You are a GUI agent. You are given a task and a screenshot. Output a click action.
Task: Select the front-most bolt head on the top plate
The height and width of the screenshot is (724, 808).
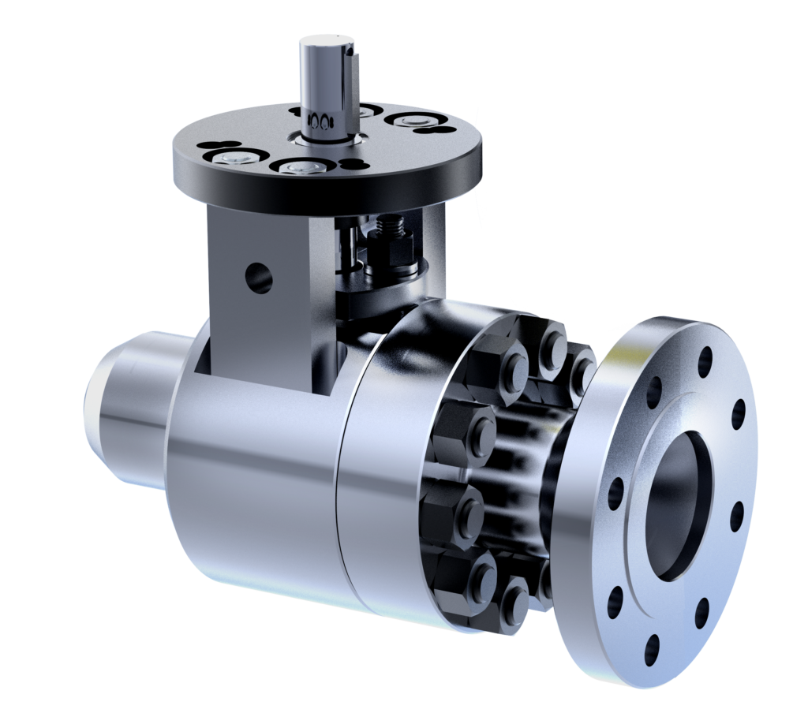coord(301,167)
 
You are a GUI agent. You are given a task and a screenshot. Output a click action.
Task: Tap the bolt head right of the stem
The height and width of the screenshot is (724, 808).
coord(409,121)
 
